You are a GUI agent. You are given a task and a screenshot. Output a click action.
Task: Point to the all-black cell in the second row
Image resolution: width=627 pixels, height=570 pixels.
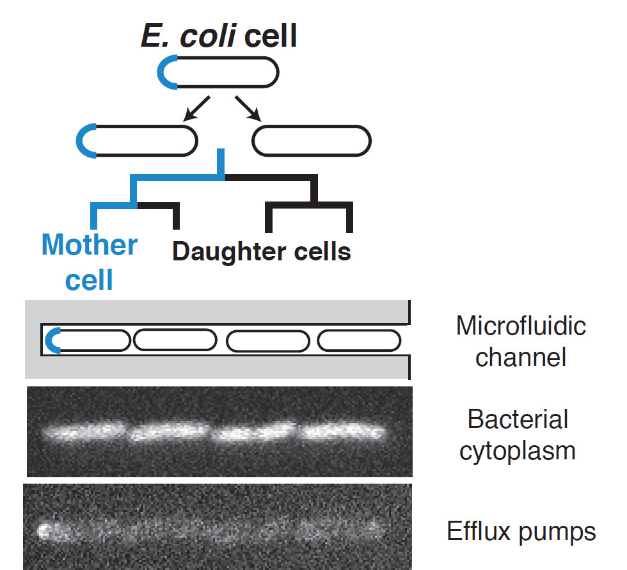[x=312, y=140]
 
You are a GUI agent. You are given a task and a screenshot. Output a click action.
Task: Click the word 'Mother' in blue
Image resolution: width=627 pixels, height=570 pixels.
[x=90, y=245]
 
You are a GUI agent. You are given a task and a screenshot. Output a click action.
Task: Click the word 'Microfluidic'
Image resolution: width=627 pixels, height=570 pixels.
[x=521, y=326]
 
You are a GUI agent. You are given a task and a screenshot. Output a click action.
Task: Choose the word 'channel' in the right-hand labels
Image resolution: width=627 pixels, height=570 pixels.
[x=521, y=356]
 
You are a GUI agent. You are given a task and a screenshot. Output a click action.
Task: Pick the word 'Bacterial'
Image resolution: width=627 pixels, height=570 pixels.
[x=518, y=420]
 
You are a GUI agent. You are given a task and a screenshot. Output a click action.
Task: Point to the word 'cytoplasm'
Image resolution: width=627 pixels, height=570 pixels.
[x=521, y=450]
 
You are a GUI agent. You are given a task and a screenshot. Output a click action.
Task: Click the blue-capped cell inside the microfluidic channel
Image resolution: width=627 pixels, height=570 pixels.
[x=90, y=340]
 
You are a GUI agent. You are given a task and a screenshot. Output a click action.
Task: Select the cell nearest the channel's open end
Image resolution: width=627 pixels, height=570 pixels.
[x=358, y=340]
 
